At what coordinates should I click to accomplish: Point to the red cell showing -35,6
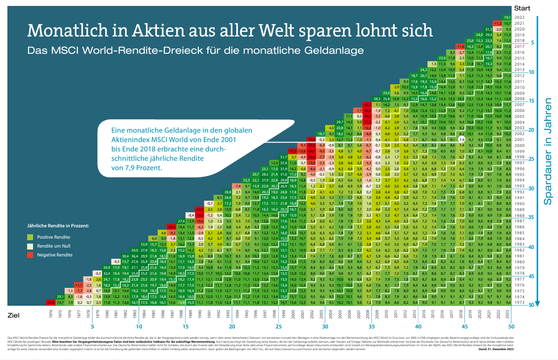(50, 302)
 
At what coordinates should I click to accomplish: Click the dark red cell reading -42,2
(367, 105)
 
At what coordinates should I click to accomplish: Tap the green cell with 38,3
(376, 99)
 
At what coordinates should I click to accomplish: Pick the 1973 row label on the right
(519, 302)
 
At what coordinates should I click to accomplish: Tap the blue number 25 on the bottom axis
(278, 326)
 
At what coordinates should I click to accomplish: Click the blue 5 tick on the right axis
(533, 42)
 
